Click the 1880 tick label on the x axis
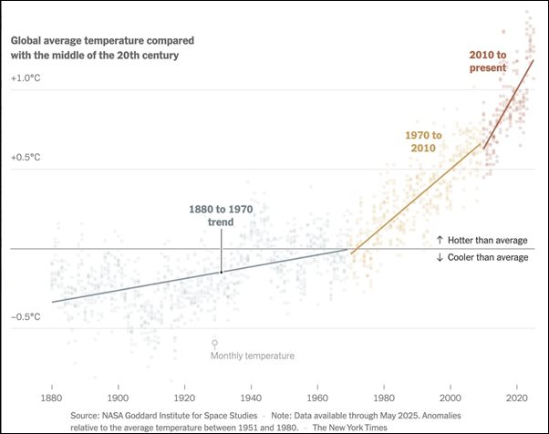point(51,398)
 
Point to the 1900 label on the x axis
point(118,398)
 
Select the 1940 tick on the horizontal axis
point(252,398)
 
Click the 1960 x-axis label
point(317,398)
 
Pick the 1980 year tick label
point(384,398)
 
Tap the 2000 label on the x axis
point(451,398)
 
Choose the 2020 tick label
point(517,398)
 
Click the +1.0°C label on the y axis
point(26,78)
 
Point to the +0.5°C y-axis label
point(26,157)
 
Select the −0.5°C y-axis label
point(26,316)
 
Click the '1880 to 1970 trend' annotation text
point(221,215)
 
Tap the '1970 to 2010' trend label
point(423,141)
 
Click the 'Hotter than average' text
point(482,240)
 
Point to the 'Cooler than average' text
point(482,257)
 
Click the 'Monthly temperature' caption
point(253,356)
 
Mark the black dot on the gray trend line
point(221,272)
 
